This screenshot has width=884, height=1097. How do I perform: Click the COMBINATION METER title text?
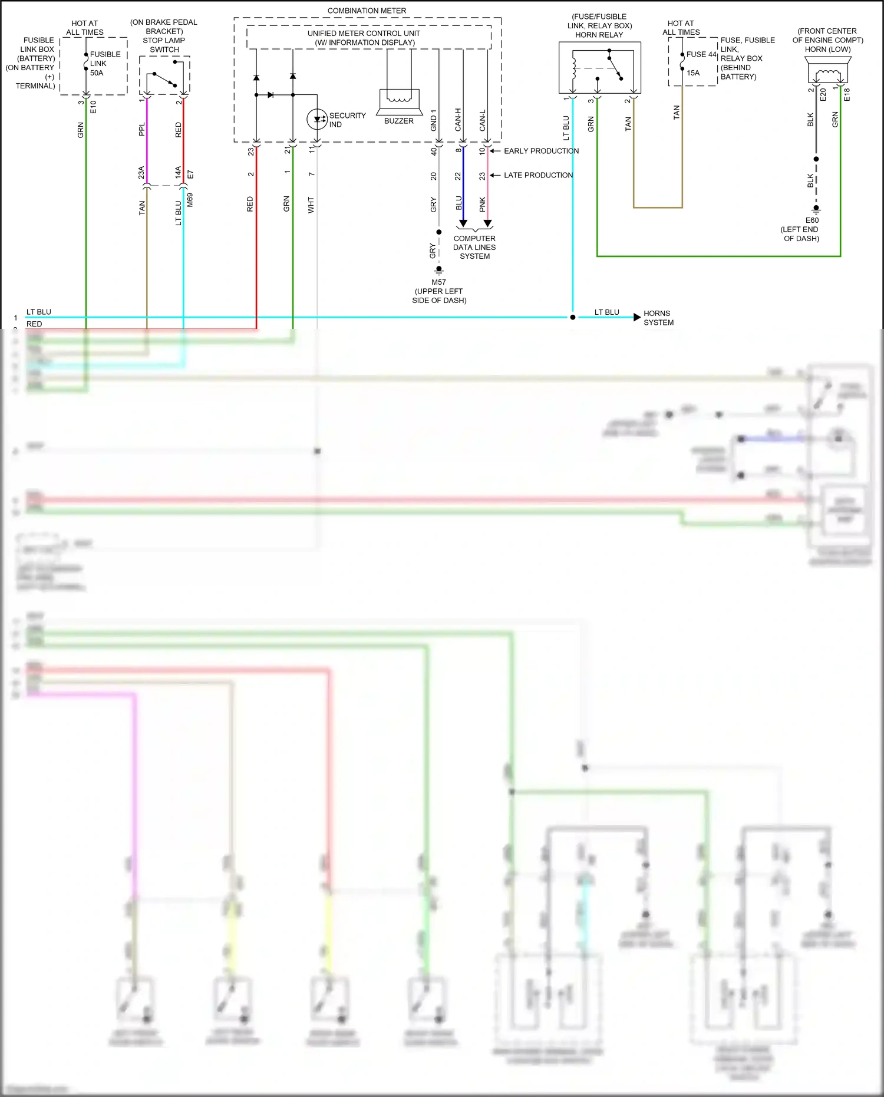367,11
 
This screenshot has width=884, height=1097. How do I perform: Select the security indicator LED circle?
318,119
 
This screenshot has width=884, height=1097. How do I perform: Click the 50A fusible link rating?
97,73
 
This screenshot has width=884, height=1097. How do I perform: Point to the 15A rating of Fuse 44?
693,73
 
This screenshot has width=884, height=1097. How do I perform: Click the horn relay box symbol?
599,68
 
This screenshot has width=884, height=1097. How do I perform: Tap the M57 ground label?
438,282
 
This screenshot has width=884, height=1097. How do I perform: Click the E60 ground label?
812,220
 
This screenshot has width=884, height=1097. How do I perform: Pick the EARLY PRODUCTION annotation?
541,151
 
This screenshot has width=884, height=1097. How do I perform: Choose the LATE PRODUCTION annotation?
538,175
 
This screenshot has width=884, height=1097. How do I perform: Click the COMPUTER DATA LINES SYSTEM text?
474,248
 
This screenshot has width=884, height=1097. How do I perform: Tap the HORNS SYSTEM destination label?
658,318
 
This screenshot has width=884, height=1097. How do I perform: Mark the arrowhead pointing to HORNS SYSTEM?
637,317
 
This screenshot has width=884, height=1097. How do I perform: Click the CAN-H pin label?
458,120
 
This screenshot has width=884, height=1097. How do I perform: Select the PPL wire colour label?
141,130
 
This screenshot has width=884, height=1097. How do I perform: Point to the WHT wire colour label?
311,205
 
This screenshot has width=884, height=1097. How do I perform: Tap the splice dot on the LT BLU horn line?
572,317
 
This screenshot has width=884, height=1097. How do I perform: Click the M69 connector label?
190,200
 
